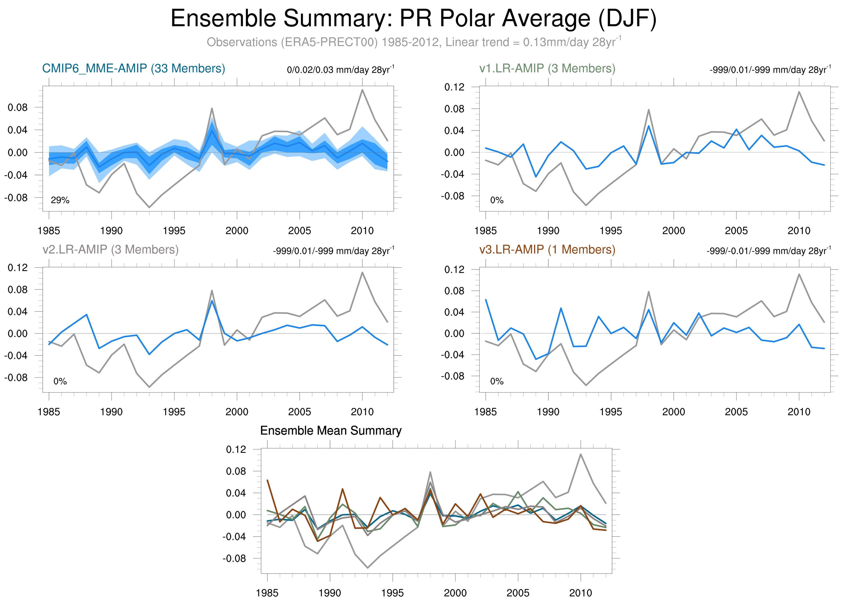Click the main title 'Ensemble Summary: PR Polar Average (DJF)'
coord(413,19)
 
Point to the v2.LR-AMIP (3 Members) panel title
coord(111,250)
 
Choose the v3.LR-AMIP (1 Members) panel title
coord(547,250)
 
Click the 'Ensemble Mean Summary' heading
coord(331,431)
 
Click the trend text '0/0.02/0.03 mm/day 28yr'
coord(340,70)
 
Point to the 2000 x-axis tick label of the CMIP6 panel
coord(237,231)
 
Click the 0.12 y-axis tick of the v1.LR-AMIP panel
coord(454,87)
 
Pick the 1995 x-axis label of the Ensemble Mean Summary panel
coord(392,593)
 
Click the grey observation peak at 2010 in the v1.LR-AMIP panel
coord(799,92)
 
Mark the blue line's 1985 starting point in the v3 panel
coord(486,300)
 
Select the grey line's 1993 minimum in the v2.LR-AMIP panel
coord(149,387)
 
